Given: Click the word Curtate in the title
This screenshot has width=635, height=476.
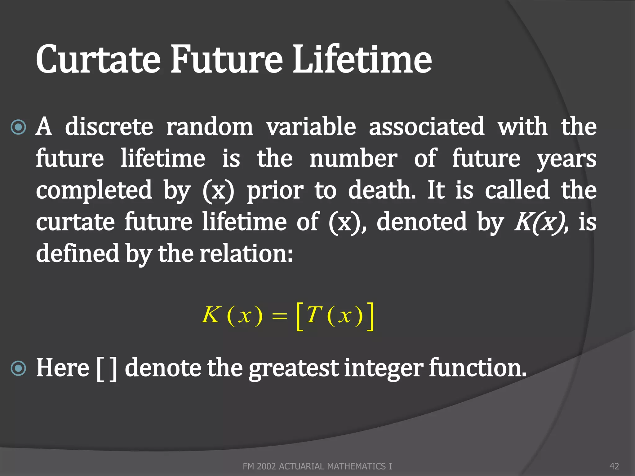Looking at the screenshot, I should pyautogui.click(x=98, y=59).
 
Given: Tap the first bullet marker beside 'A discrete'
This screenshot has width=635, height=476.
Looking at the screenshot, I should pyautogui.click(x=18, y=127).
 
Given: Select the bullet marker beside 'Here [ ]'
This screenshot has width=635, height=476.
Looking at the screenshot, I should pyautogui.click(x=18, y=368).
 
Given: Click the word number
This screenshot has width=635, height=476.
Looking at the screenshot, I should pyautogui.click(x=353, y=158).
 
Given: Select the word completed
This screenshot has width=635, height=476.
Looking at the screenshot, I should pyautogui.click(x=94, y=190).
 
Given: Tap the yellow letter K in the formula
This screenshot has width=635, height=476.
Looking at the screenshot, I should pyautogui.click(x=211, y=315).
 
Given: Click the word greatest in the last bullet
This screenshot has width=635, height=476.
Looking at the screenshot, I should pyautogui.click(x=293, y=369).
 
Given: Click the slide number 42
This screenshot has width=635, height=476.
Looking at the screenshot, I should pyautogui.click(x=614, y=466).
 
